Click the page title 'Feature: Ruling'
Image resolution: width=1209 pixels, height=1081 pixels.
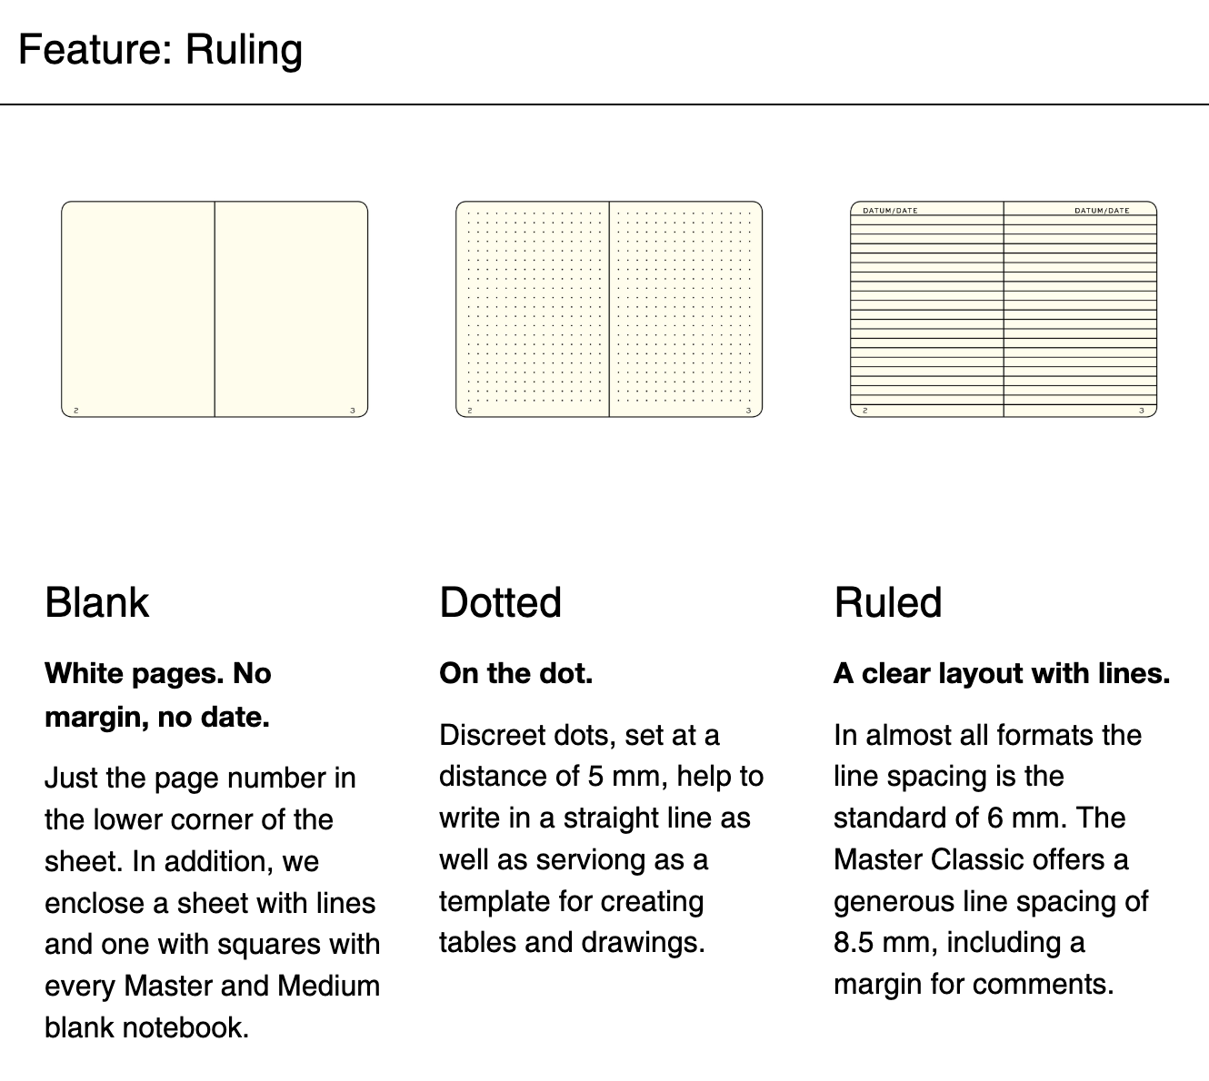pyautogui.click(x=161, y=50)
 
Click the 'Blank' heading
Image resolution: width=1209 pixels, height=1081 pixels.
pyautogui.click(x=96, y=603)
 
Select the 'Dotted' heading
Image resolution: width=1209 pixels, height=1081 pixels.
pyautogui.click(x=501, y=603)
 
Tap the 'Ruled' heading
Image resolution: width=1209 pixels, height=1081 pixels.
pyautogui.click(x=888, y=603)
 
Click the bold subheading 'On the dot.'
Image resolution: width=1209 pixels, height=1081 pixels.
pyautogui.click(x=516, y=674)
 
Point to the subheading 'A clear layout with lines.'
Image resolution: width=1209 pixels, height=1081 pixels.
pyautogui.click(x=1002, y=674)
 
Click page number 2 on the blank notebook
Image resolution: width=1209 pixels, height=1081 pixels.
pyautogui.click(x=76, y=411)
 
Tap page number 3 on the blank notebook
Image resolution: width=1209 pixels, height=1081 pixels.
pyautogui.click(x=353, y=411)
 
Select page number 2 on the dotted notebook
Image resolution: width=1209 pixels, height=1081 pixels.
pyautogui.click(x=470, y=411)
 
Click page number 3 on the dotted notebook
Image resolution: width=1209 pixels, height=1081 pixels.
pyautogui.click(x=748, y=411)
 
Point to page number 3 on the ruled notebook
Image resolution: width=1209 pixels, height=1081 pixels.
pyautogui.click(x=1142, y=411)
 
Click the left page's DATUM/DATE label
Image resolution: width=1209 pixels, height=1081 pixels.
pyautogui.click(x=890, y=211)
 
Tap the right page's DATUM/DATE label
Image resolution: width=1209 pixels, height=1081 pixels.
pyautogui.click(x=1102, y=211)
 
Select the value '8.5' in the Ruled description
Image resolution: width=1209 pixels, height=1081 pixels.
pyautogui.click(x=854, y=943)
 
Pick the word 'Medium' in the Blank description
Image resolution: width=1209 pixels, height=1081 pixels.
pyautogui.click(x=329, y=987)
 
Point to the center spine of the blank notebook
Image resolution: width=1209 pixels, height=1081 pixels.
pyautogui.click(x=215, y=309)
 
